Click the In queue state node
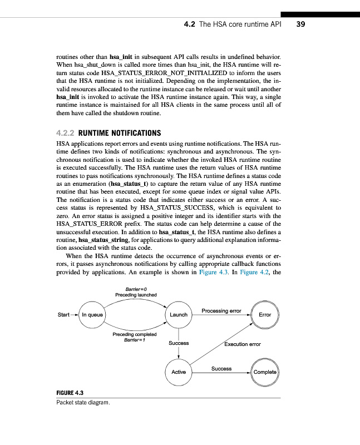pos(92,315)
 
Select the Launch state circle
pos(179,315)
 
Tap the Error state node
pos(265,315)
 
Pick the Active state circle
pos(179,372)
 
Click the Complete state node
pos(265,372)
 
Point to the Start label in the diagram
pos(63,315)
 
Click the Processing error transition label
pos(221,310)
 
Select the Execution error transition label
pos(243,344)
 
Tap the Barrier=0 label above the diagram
pos(136,289)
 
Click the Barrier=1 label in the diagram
pos(135,340)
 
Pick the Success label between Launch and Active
pos(179,343)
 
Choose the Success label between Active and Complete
pos(221,368)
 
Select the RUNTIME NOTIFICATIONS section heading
pos(120,133)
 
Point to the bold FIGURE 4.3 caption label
pos(69,394)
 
